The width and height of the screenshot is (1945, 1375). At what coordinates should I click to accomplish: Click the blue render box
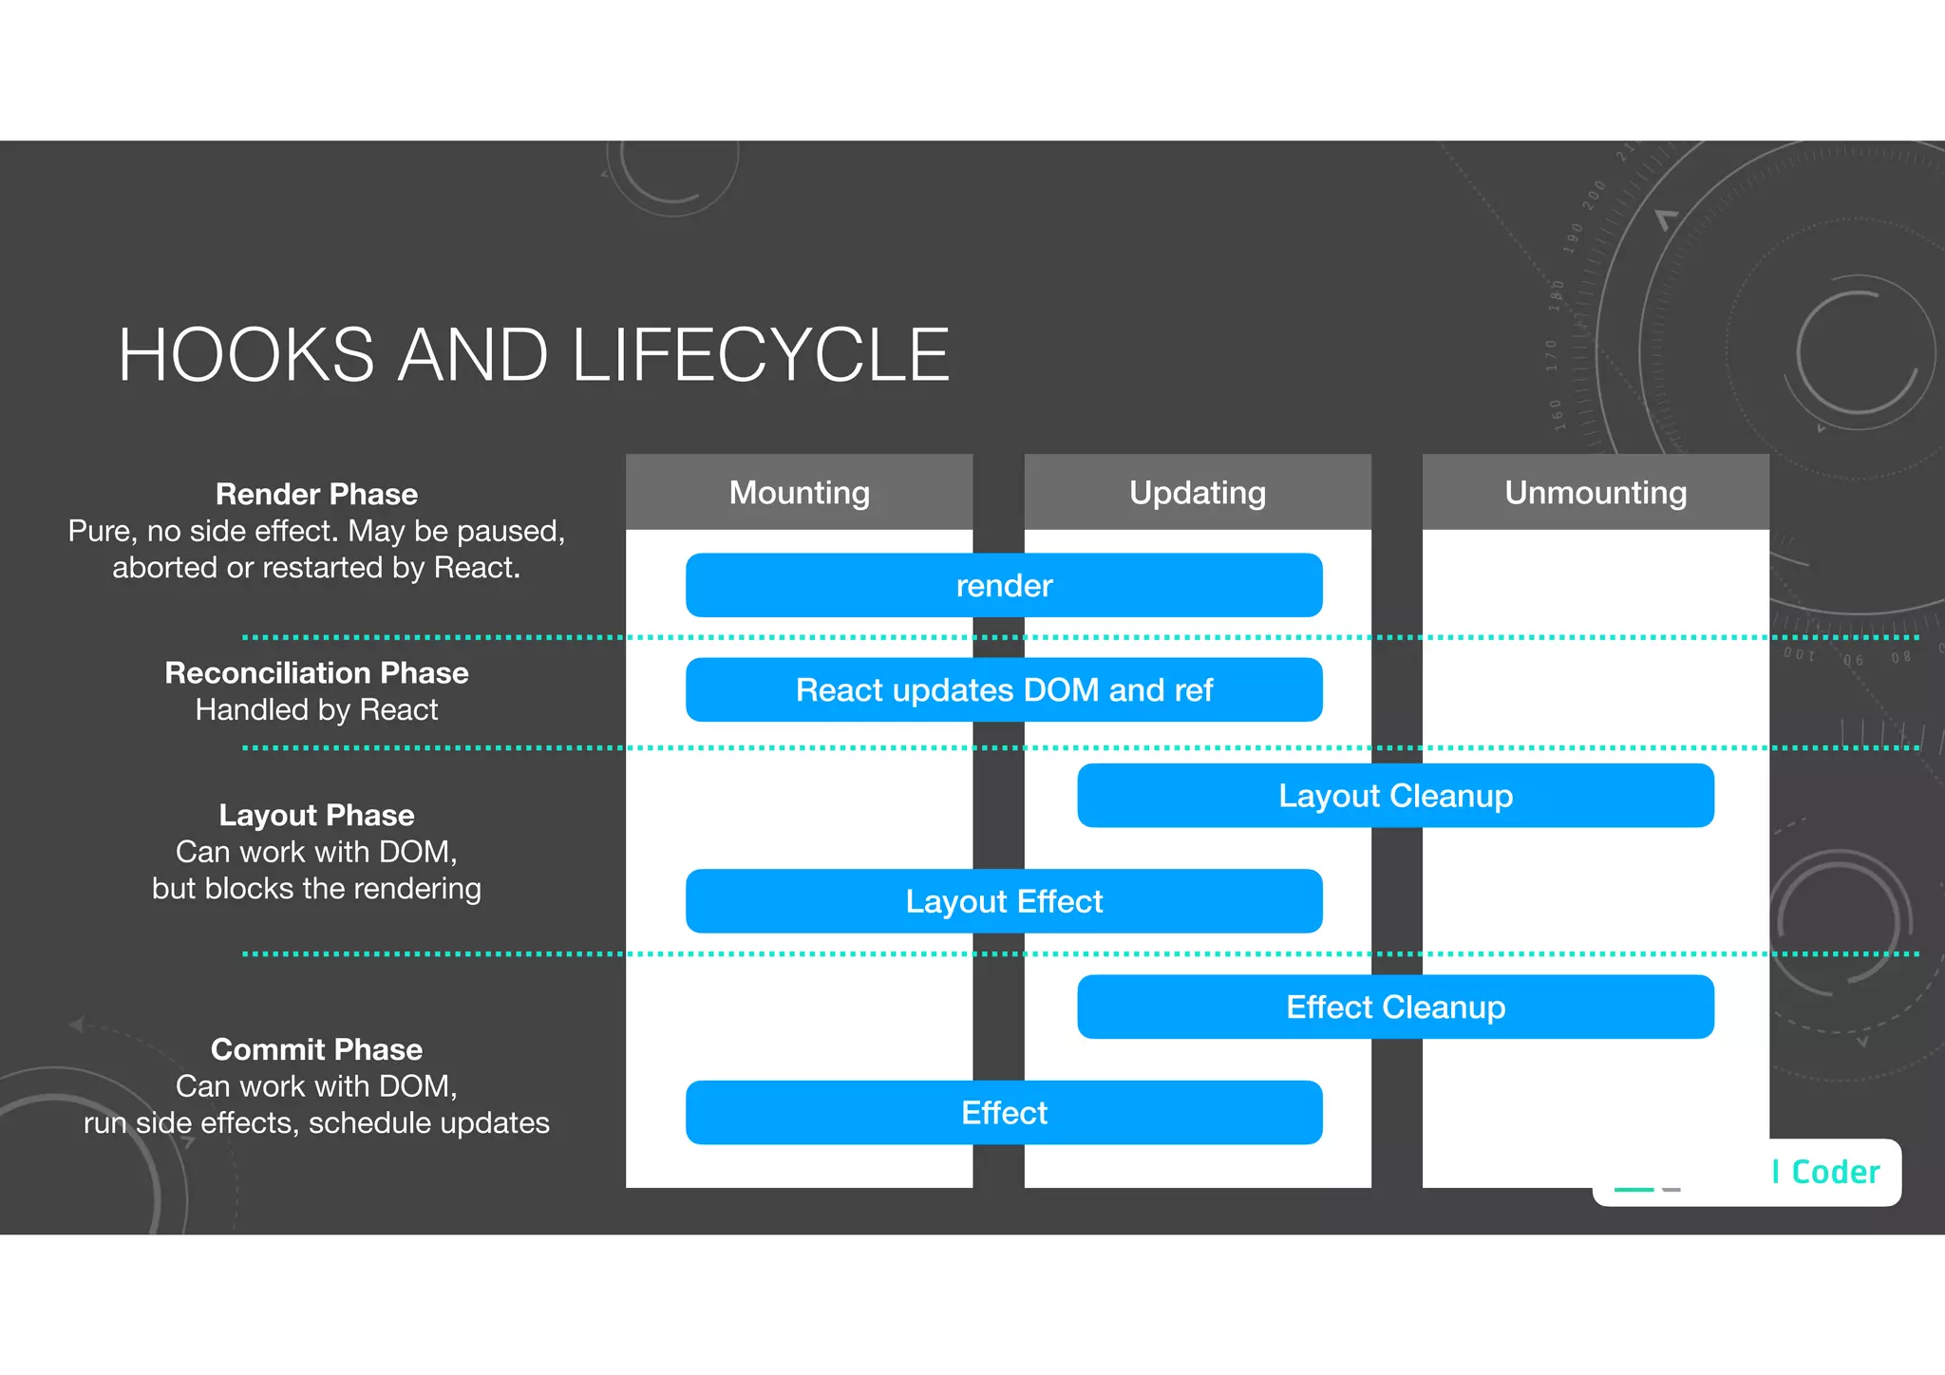click(1004, 586)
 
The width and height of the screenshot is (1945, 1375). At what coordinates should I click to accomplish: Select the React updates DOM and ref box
click(1004, 690)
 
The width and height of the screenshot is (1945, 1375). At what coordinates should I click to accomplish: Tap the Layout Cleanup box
click(1395, 796)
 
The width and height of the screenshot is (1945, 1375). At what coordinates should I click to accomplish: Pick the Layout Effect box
click(1004, 901)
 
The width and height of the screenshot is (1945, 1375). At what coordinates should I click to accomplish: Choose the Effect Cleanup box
click(1395, 1007)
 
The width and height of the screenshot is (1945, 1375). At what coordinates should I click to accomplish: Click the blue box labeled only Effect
click(1004, 1113)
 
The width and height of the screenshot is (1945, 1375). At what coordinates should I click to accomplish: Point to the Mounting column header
click(800, 493)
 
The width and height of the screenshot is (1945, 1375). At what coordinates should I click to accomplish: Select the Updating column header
click(1198, 493)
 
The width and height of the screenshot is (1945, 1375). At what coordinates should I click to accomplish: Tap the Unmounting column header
click(1596, 493)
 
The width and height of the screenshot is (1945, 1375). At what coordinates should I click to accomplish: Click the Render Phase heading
click(316, 495)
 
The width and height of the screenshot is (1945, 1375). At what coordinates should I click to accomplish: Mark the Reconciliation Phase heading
click(316, 673)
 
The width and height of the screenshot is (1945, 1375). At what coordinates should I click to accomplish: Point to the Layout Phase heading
click(316, 816)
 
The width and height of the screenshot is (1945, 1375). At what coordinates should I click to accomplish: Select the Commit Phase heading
click(316, 1050)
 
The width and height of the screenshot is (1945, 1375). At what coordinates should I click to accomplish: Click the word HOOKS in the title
click(247, 355)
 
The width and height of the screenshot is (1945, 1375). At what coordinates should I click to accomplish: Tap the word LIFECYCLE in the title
click(760, 355)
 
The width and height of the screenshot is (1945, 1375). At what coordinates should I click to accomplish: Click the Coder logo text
click(1834, 1173)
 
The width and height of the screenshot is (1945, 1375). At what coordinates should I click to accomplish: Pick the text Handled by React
click(316, 710)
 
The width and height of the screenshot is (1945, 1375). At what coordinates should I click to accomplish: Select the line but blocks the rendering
click(316, 889)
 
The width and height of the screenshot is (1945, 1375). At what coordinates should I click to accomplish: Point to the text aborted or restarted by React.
click(316, 568)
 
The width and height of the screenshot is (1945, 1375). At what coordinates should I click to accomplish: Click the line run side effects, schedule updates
click(316, 1123)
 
